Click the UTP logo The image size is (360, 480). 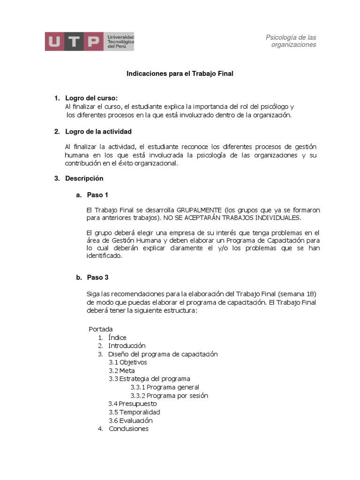tap(89, 41)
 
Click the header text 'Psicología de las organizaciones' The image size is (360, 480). tap(291, 41)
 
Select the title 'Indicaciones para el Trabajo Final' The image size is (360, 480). tap(180, 74)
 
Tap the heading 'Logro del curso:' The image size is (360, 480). tap(91, 98)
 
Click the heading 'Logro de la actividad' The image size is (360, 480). tap(98, 131)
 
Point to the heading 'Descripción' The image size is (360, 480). tap(84, 179)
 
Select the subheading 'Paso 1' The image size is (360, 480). tap(97, 195)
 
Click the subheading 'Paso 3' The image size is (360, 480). tap(97, 277)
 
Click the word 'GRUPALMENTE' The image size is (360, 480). tap(199, 210)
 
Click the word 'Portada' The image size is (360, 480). tap(100, 329)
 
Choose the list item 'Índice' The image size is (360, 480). tap(117, 337)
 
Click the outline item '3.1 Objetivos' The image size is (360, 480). tap(127, 362)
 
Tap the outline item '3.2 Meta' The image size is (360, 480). tap(121, 371)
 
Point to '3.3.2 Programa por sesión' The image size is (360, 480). tap(169, 396)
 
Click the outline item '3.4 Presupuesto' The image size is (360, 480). tap(133, 404)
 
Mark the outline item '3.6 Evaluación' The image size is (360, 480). tap(131, 420)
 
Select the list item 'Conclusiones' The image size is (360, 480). tap(128, 428)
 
